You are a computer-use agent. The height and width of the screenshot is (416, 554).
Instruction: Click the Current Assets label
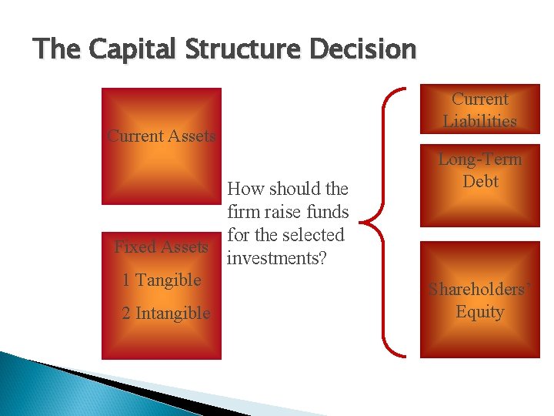pyautogui.click(x=162, y=136)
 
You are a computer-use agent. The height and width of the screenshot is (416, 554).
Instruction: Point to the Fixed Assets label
pyautogui.click(x=161, y=247)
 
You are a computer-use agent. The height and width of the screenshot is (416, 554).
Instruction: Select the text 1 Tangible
pyautogui.click(x=162, y=280)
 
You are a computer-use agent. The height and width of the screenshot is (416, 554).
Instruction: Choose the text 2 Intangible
pyautogui.click(x=166, y=314)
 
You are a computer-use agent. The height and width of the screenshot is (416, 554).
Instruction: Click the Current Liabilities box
pyautogui.click(x=479, y=110)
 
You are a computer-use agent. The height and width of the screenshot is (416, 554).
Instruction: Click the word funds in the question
pyautogui.click(x=327, y=212)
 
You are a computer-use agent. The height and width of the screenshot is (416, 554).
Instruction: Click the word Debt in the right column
pyautogui.click(x=480, y=182)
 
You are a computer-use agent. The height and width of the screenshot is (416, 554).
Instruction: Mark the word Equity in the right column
pyautogui.click(x=479, y=312)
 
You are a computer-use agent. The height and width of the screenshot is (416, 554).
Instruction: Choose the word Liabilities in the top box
pyautogui.click(x=479, y=121)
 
